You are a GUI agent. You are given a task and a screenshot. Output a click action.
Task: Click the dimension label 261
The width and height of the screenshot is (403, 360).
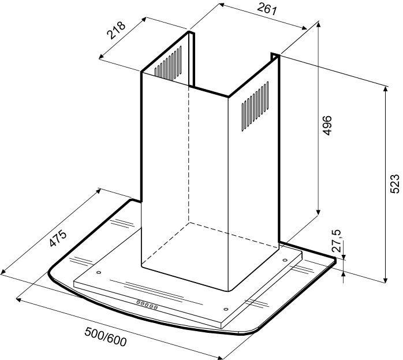tap(267, 9)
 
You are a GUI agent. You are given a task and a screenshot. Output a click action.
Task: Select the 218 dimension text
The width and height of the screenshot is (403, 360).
tap(117, 30)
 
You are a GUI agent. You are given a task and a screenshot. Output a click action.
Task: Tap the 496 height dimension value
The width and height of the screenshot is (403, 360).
tap(327, 125)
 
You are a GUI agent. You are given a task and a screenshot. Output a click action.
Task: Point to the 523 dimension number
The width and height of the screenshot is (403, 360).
tap(395, 184)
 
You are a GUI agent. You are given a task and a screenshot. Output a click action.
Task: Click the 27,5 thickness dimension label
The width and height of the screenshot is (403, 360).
tap(337, 240)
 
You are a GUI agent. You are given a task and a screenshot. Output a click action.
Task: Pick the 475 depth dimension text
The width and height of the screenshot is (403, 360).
tap(58, 239)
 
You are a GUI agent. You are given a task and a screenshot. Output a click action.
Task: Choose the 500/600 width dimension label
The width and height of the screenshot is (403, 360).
tap(106, 337)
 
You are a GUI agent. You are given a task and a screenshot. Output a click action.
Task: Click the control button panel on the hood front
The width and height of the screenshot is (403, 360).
tap(147, 305)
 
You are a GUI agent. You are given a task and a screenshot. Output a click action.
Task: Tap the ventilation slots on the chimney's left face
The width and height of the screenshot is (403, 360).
tap(168, 63)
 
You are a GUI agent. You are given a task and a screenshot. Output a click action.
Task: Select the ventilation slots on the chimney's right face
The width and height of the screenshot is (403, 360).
tap(255, 107)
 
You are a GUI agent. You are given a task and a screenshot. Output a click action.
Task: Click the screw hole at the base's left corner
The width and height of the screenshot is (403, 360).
tap(99, 272)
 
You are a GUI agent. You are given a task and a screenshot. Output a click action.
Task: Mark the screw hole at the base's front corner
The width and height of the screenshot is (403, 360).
tap(226, 309)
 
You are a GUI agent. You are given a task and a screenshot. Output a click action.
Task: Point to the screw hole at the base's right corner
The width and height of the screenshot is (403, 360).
tap(285, 260)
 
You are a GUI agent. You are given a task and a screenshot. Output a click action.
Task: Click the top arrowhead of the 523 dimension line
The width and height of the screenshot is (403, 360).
tap(385, 89)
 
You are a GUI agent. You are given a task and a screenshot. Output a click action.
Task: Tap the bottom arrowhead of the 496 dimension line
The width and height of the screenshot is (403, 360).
tap(319, 211)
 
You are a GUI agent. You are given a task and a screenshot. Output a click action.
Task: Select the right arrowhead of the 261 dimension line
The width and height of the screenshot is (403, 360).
tap(304, 28)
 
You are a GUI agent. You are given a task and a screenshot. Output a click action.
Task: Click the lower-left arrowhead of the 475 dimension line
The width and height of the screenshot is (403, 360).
tap(3, 271)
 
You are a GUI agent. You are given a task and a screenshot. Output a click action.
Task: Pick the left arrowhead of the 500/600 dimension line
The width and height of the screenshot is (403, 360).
tap(19, 300)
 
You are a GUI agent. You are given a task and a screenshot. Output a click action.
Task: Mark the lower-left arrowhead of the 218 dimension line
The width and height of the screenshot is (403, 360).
tap(102, 57)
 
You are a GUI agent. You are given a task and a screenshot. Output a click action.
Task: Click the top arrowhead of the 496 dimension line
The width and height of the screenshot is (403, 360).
tap(319, 25)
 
